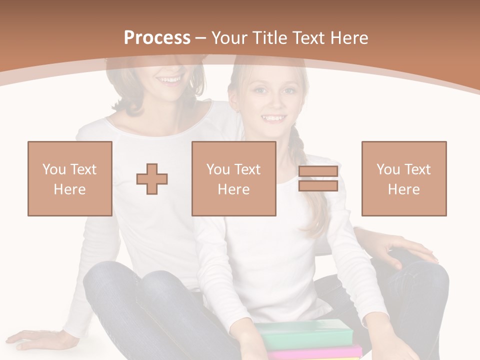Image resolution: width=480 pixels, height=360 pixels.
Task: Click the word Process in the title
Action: pos(157,38)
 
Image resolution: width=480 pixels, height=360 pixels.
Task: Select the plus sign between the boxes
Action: pos(152,179)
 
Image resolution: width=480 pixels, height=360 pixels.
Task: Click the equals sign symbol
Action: pos(318,178)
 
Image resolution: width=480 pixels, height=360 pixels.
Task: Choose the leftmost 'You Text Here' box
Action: pos(70,178)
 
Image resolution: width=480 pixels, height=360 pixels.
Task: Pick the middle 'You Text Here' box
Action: pos(234,178)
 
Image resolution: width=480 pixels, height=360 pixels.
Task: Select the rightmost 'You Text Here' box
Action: pos(404,178)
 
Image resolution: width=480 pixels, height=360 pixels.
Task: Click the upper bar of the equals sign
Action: pos(318,171)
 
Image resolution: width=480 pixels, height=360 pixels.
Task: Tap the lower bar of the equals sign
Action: pos(318,186)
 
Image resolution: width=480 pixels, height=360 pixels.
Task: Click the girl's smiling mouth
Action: pos(273,118)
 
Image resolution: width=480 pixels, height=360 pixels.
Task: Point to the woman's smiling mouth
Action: pos(170,79)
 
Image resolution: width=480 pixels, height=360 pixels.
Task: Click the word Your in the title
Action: pos(230,38)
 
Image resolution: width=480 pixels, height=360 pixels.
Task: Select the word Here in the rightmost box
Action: pos(404,189)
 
